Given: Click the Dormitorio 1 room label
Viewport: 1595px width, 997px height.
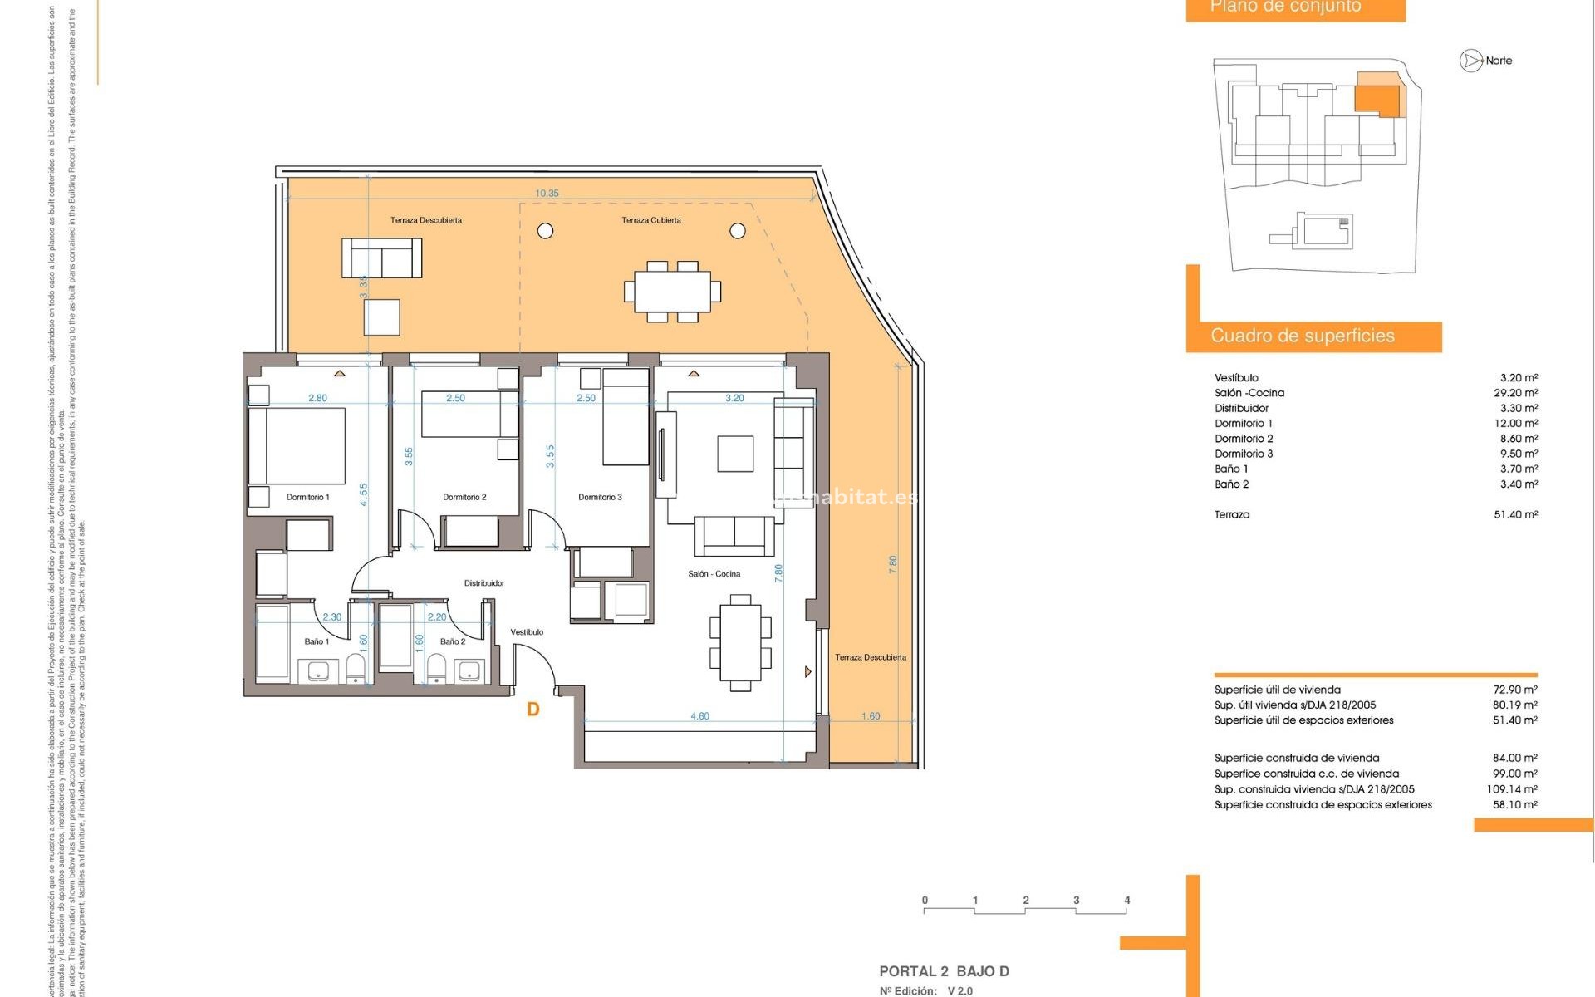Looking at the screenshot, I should [307, 497].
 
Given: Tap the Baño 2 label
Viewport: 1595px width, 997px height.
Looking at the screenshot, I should [452, 641].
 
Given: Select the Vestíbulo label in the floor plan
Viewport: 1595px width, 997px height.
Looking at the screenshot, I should [527, 632].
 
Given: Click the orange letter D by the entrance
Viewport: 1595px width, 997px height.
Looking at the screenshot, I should [533, 709].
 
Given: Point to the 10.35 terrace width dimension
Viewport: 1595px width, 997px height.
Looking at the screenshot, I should [547, 194].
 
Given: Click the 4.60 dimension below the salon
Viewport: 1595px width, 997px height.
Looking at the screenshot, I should [699, 716].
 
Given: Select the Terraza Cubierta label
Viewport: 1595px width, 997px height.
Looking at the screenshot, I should [651, 220].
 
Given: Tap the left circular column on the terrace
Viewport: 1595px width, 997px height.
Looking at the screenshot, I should [545, 231].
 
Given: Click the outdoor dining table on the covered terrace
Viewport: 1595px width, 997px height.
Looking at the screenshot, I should [672, 291].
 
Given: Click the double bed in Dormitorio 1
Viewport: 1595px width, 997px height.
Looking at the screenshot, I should [297, 445].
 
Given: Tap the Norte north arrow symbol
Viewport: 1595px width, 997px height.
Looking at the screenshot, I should [1471, 61].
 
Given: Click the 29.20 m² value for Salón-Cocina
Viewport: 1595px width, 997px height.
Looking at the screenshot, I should [1515, 393].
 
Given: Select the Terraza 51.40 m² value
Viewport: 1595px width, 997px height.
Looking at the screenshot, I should [1515, 514].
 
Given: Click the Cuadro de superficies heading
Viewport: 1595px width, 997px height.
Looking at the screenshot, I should [1302, 336].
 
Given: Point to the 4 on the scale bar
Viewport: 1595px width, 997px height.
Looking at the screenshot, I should [1126, 900].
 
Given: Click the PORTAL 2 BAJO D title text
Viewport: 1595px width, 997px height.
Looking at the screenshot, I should [944, 971].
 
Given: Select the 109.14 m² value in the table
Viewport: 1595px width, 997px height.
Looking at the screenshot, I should [1512, 789].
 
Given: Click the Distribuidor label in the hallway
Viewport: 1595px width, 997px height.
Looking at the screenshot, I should [484, 583].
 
